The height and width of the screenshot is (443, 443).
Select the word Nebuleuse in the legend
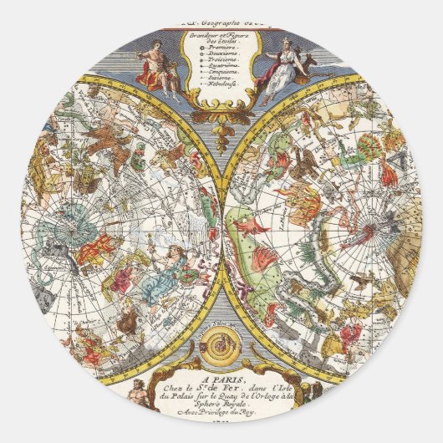[221, 93]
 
